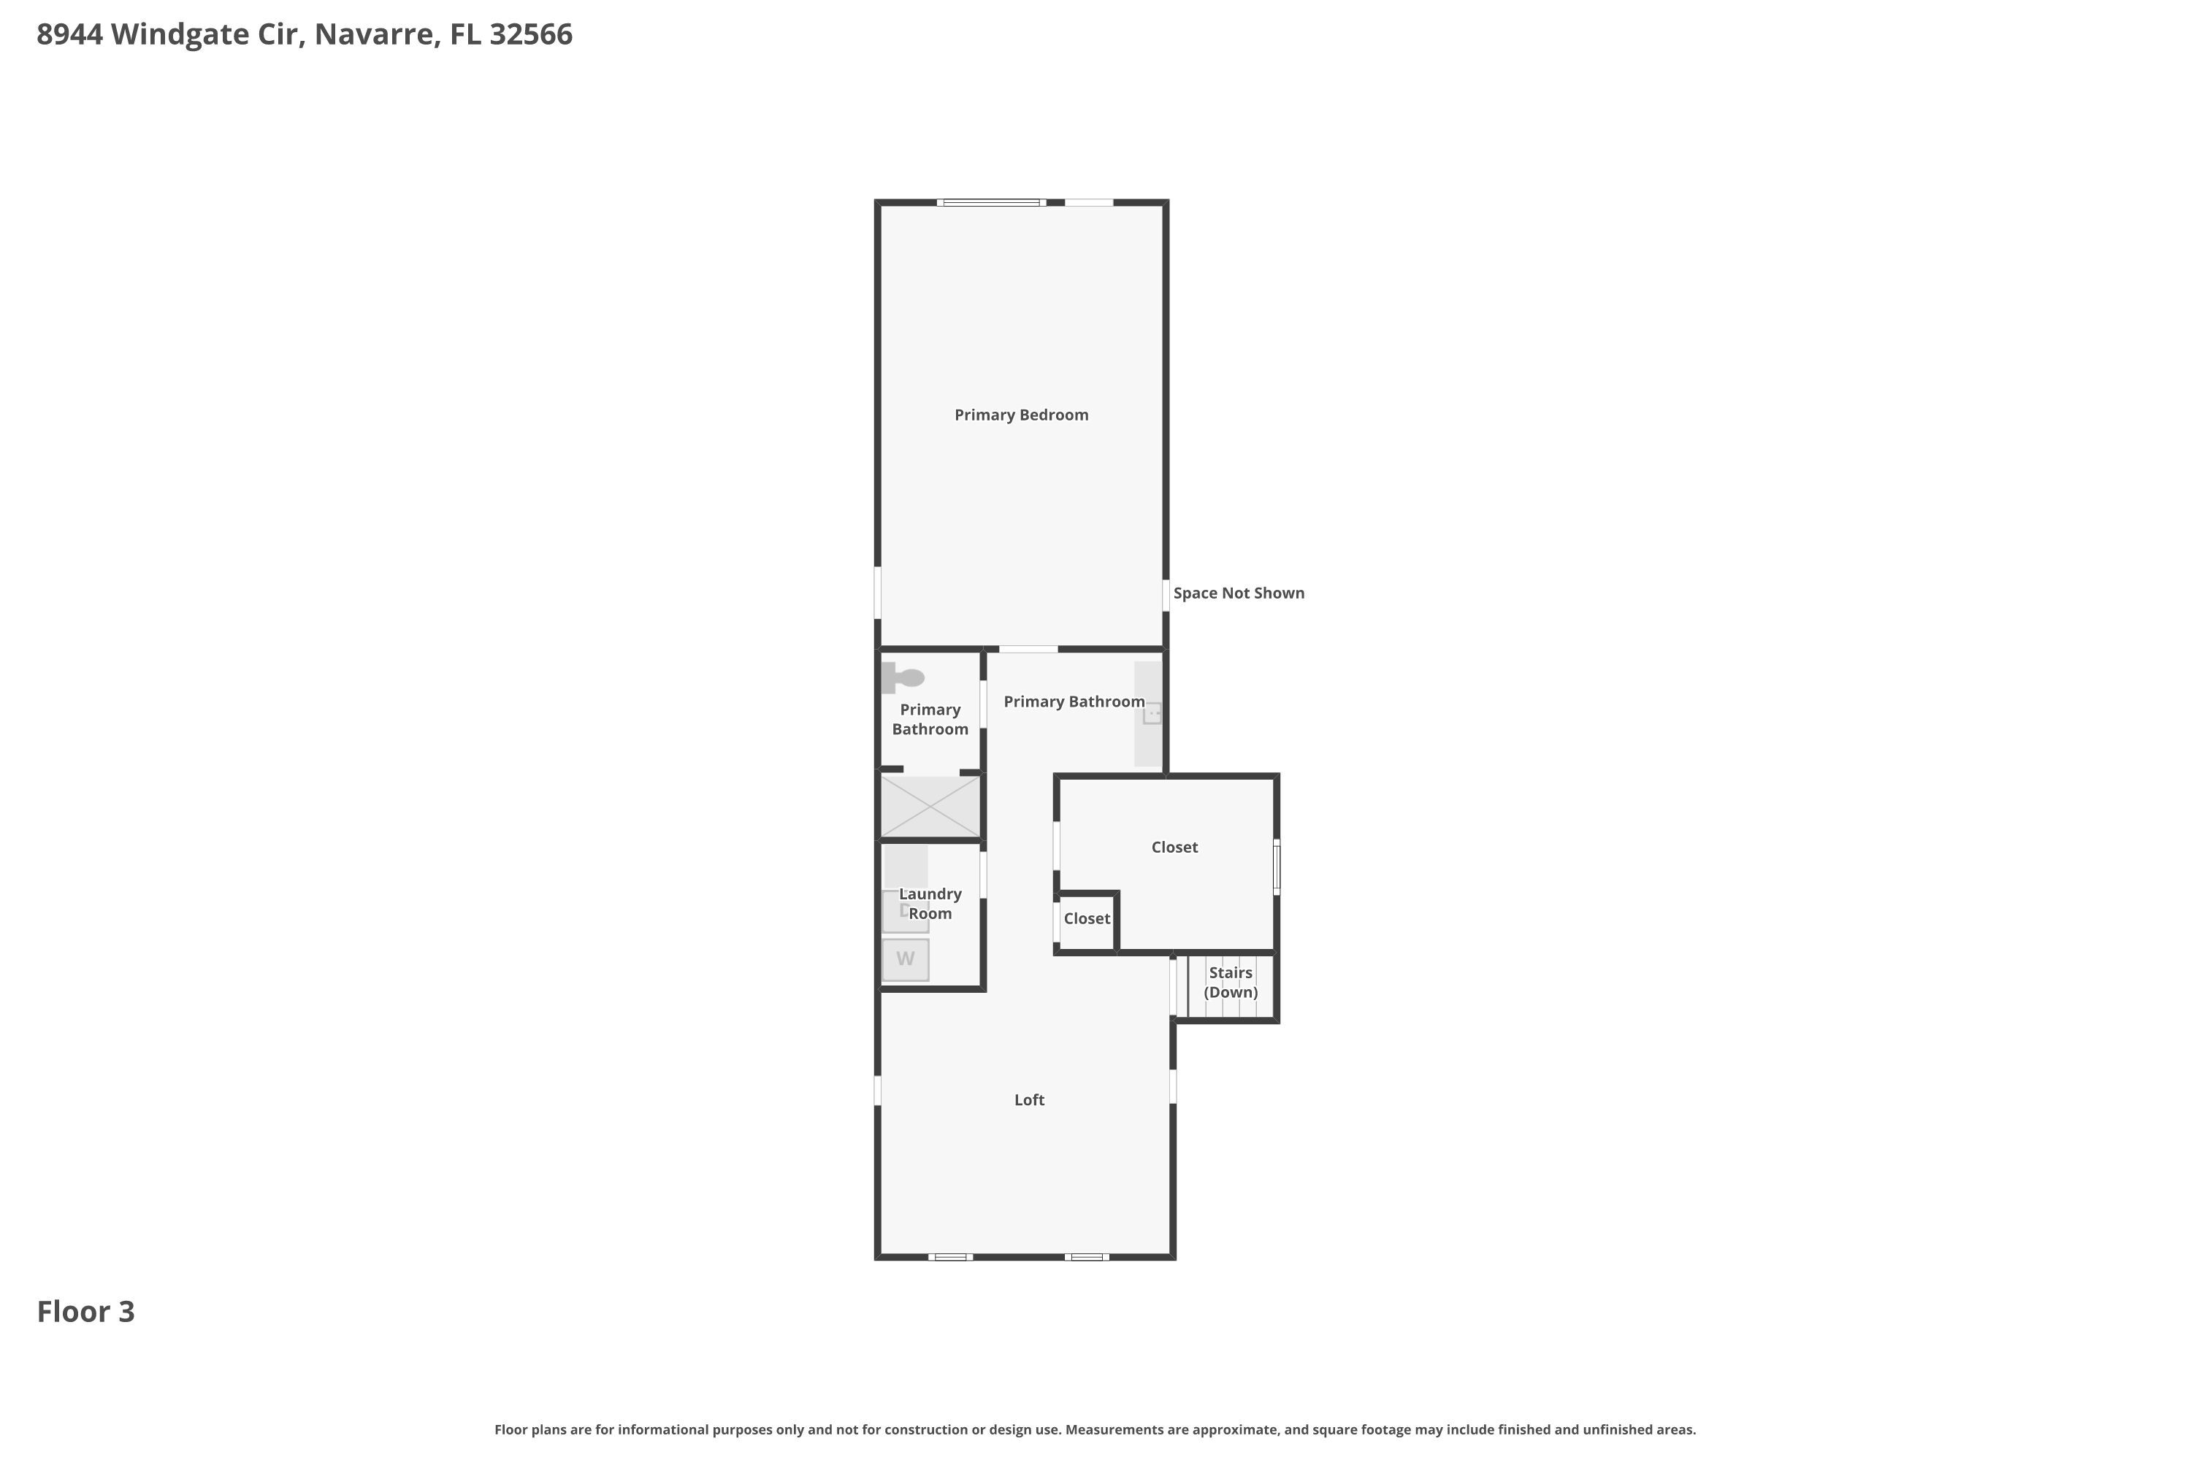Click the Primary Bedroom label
point(1021,415)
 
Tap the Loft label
point(1028,1099)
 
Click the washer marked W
point(906,960)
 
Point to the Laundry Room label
point(930,903)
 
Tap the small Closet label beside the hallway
point(1086,919)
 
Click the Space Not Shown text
point(1238,593)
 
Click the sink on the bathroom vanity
point(1152,714)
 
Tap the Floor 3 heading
point(85,1312)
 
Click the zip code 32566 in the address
point(531,34)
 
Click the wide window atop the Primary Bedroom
point(991,202)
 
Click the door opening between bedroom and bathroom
point(1028,649)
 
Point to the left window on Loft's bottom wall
point(950,1257)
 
